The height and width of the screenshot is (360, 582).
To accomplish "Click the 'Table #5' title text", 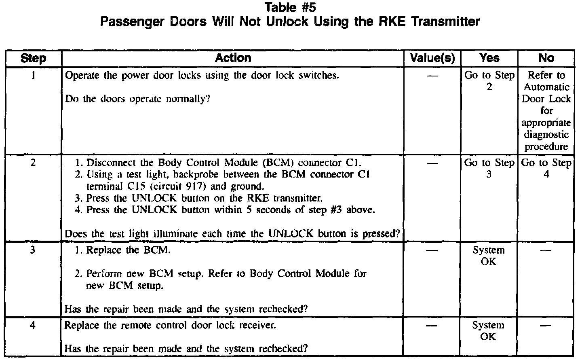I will pos(290,7).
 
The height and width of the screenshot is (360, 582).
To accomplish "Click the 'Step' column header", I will pos(33,58).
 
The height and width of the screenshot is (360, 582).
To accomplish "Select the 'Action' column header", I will pos(233,58).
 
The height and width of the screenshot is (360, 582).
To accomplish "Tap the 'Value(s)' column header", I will pos(432,58).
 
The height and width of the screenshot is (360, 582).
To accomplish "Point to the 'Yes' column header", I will pos(489,58).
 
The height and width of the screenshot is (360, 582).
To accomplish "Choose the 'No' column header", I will pos(546,58).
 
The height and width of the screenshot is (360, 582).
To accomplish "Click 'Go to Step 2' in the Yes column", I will pos(489,81).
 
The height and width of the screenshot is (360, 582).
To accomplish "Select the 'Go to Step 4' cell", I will pos(546,168).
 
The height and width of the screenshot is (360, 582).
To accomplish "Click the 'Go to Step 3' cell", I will pos(489,168).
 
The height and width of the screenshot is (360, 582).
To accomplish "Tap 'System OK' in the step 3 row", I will pos(489,256).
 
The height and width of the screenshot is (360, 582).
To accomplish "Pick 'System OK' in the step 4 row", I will pos(489,331).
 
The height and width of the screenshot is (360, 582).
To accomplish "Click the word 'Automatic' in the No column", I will pos(546,87).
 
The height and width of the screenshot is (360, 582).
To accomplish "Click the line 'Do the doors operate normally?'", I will pos(137,99).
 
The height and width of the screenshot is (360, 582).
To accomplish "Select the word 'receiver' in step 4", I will pos(257,325).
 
